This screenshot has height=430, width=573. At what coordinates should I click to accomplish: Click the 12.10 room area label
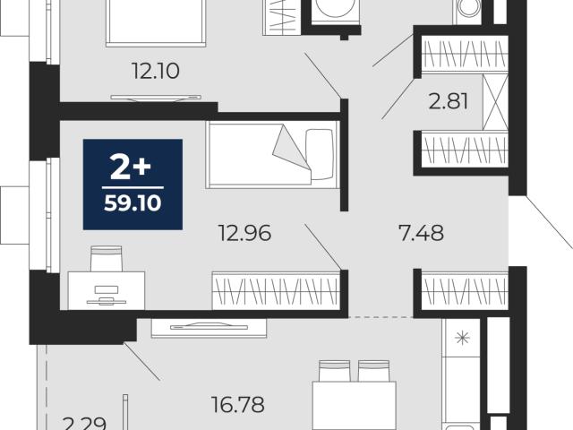(x=156, y=71)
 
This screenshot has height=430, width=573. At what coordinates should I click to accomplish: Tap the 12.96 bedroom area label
(x=244, y=233)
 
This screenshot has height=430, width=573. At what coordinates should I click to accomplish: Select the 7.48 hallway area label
(x=422, y=233)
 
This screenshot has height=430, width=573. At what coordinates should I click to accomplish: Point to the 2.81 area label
(x=448, y=101)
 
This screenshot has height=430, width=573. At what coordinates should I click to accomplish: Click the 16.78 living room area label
(x=238, y=404)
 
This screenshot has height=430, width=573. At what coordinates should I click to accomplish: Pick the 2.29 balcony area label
(x=84, y=424)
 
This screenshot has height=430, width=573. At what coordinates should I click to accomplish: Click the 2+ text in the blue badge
(x=131, y=168)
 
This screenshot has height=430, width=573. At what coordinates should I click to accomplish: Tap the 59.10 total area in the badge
(x=133, y=203)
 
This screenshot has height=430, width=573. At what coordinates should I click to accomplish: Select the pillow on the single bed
(x=320, y=154)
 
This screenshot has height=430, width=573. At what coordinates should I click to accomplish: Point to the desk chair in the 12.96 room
(x=107, y=259)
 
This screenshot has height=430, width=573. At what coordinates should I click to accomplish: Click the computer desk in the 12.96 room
(x=107, y=290)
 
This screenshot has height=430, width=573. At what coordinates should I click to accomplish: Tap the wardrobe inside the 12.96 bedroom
(x=277, y=290)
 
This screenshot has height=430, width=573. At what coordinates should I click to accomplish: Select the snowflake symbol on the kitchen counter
(x=462, y=338)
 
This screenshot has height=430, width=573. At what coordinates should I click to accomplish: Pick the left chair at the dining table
(x=334, y=371)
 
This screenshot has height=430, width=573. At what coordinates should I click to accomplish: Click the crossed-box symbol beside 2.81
(x=495, y=102)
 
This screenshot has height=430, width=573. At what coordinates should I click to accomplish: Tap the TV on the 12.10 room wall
(x=156, y=98)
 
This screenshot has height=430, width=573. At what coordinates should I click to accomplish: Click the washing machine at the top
(x=336, y=13)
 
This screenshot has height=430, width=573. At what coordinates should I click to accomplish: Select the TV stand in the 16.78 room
(x=209, y=327)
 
